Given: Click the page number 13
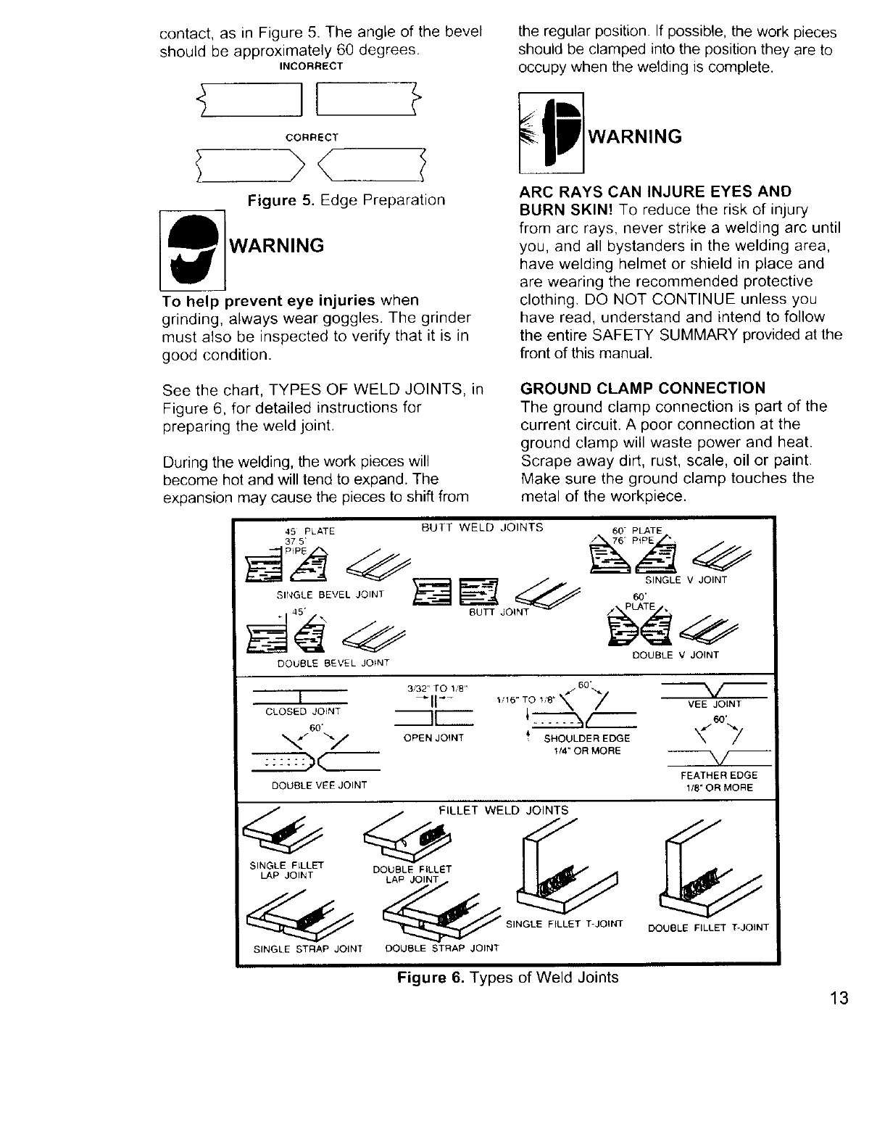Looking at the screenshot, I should point(839,998).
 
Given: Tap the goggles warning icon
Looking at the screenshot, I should point(191,247).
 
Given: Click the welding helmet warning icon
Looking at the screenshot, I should point(552,133).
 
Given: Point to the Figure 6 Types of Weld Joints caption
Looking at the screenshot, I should point(507,977).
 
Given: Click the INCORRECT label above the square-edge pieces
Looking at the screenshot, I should point(311,66).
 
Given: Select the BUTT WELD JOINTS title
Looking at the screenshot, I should point(482,527).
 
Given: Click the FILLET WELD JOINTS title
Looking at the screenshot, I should point(504,810).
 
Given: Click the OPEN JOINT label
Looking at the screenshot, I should point(433,738).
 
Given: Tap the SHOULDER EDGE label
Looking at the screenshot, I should point(586,738).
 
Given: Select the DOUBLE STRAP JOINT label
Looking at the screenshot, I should point(441,948).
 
